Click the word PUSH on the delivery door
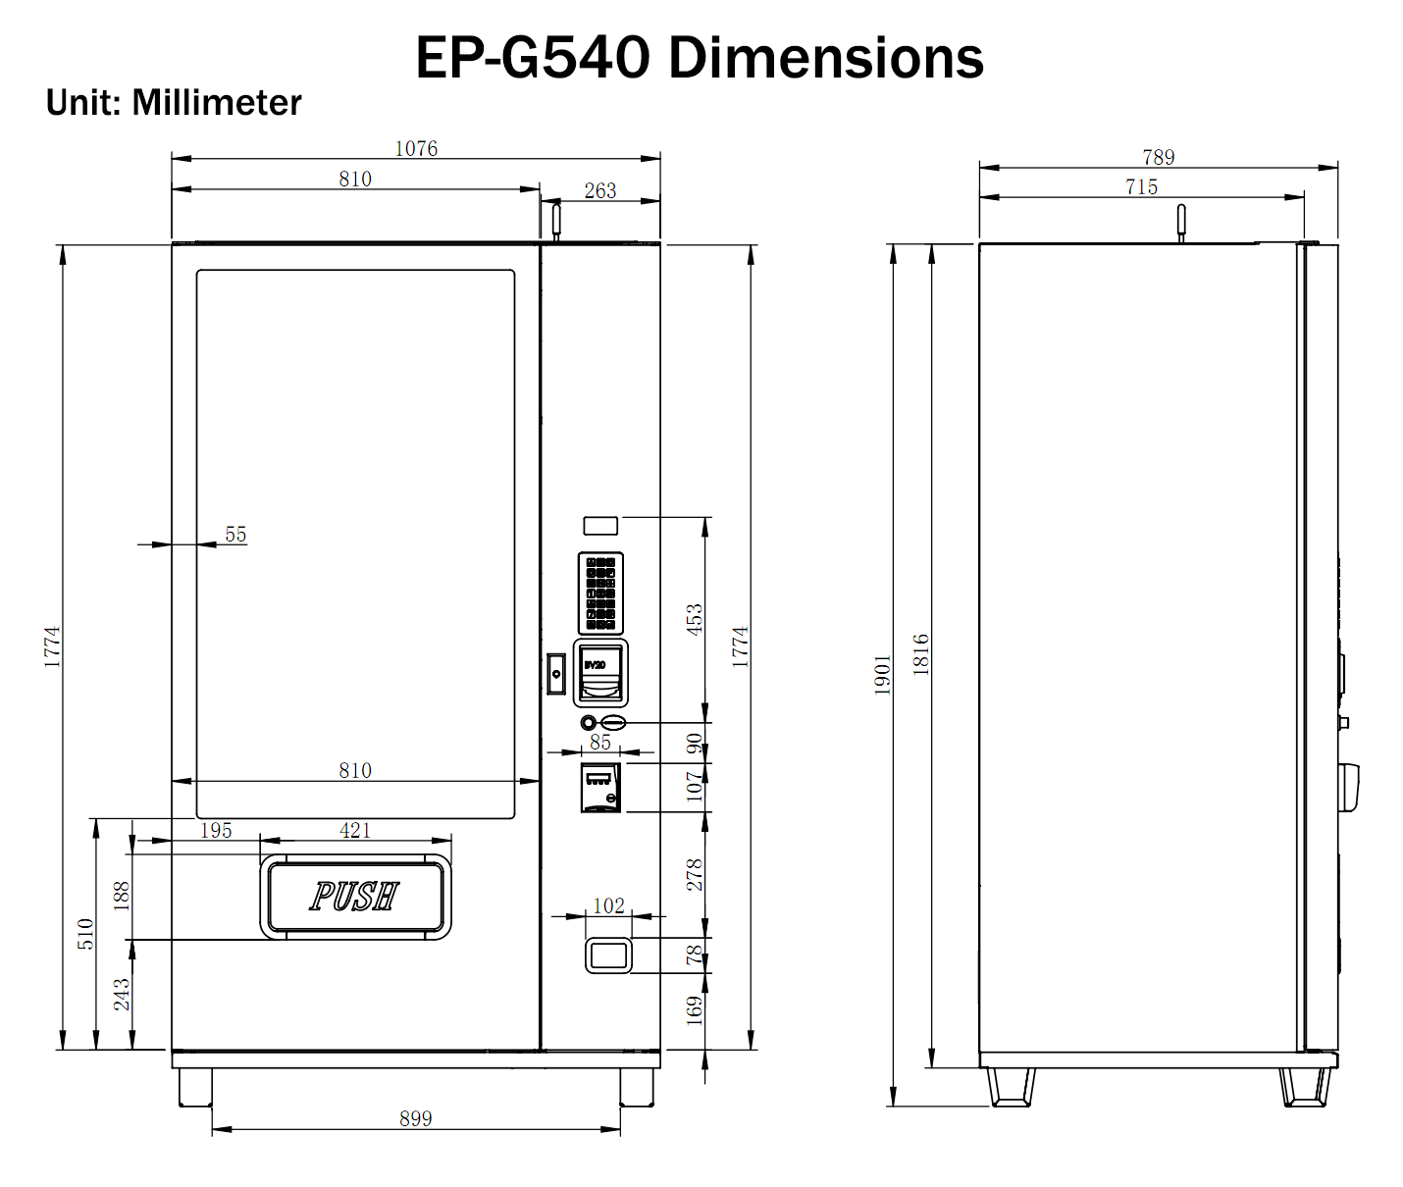[354, 896]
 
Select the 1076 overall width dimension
[416, 148]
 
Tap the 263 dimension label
[600, 190]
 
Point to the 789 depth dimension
[1158, 157]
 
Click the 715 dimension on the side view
[1141, 186]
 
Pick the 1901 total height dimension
[882, 675]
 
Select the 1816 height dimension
[920, 654]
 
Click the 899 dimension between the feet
[415, 1118]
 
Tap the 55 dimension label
[235, 534]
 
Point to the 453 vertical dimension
[695, 620]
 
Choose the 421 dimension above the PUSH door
[355, 830]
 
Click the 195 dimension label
[216, 830]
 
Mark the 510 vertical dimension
[85, 933]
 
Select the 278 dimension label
[695, 874]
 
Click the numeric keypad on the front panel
[600, 593]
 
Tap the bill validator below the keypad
[600, 673]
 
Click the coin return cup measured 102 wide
[608, 955]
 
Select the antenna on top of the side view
[1181, 222]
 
